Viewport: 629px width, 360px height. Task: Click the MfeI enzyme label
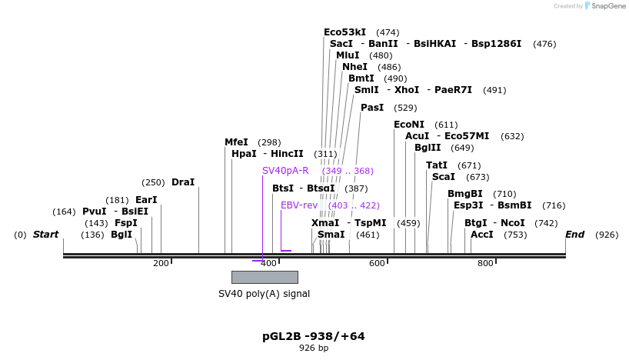coord(236,142)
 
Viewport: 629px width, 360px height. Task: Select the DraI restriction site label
coord(183,182)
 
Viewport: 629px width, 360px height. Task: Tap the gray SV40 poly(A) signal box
coord(265,277)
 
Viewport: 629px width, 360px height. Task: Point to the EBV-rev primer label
coord(299,205)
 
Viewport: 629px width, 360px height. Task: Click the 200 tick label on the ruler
coord(161,264)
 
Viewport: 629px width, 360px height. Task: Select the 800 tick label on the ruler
coord(485,264)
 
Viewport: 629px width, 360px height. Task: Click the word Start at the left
coord(45,235)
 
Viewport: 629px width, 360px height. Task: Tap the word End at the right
coord(575,235)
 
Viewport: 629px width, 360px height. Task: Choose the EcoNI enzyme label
coord(409,125)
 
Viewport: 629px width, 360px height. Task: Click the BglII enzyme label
coord(428,148)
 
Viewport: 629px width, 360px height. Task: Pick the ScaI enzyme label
coord(444,177)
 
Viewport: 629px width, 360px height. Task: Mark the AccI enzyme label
coord(482,235)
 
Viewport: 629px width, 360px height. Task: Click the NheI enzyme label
coord(354,67)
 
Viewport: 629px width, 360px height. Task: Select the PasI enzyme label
coord(372,108)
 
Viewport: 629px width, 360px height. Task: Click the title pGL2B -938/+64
coord(314,336)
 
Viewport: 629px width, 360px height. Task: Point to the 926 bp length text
coord(314,348)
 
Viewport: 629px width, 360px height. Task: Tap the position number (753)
coord(515,235)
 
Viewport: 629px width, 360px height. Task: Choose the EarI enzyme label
coord(146,200)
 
